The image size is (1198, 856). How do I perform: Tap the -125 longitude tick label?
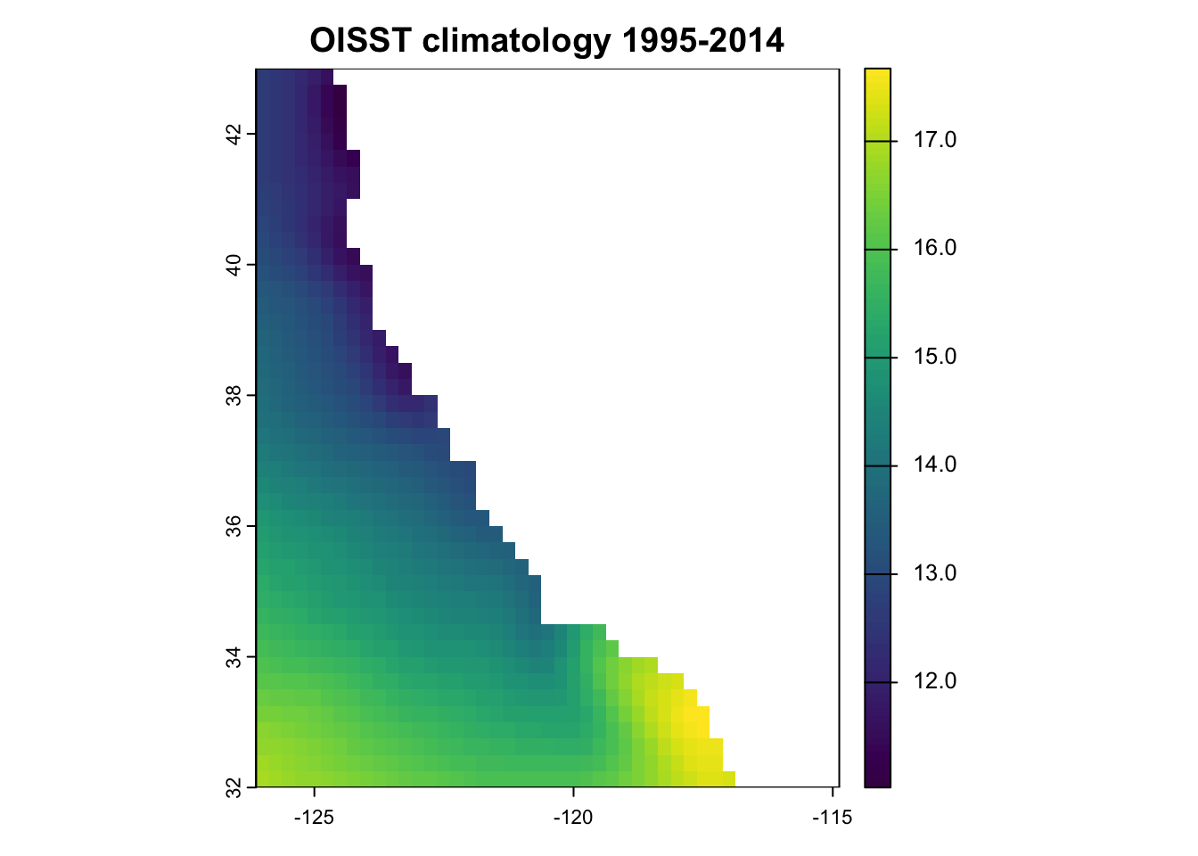click(314, 818)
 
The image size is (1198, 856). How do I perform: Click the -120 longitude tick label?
click(573, 818)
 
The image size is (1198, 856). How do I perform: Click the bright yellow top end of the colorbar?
click(878, 75)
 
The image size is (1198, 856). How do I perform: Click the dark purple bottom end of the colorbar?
click(878, 780)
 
